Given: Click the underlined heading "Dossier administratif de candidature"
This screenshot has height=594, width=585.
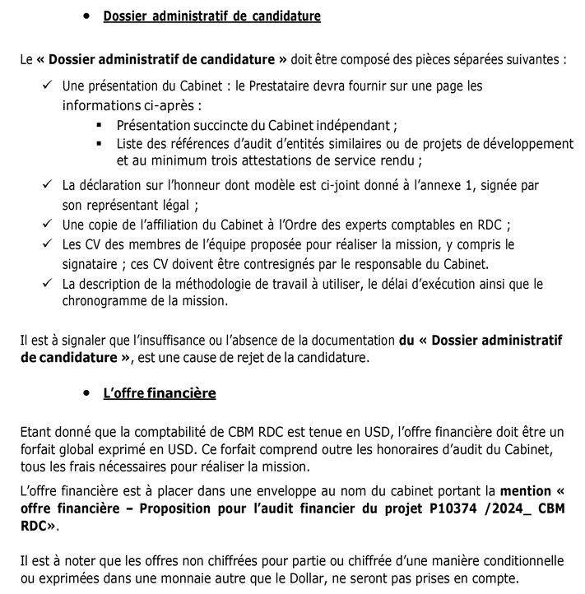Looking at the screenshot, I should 211,16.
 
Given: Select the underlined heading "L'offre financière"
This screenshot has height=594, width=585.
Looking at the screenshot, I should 160,393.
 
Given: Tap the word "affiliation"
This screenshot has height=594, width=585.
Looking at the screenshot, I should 172,225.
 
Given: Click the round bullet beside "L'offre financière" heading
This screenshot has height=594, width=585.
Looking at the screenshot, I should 87,393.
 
